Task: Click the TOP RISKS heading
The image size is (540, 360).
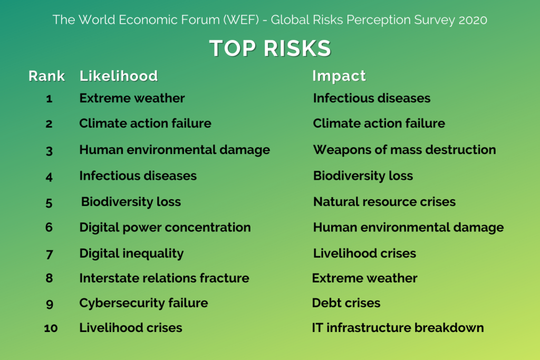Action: (x=271, y=48)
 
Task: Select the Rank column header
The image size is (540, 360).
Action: (x=46, y=76)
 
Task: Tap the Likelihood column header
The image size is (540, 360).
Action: (x=119, y=76)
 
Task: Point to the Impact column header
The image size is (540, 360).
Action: (x=339, y=76)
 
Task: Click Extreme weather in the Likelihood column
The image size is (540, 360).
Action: (x=132, y=98)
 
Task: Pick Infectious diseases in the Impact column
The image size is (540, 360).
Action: (x=372, y=98)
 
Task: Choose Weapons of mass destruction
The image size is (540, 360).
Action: (x=404, y=150)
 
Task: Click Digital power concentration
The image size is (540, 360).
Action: (x=165, y=228)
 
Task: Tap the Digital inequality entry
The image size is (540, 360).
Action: (x=131, y=254)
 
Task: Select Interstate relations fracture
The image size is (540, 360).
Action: (x=165, y=278)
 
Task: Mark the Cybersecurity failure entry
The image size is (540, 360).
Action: (x=143, y=303)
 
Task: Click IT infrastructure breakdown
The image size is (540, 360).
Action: (x=398, y=328)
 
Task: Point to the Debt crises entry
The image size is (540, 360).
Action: (x=346, y=303)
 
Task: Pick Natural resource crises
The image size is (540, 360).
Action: (x=384, y=202)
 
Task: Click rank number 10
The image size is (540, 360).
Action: (x=51, y=328)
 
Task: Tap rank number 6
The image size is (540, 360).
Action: (x=49, y=228)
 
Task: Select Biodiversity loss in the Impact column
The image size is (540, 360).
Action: (x=363, y=176)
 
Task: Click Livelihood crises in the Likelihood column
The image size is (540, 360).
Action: (x=131, y=328)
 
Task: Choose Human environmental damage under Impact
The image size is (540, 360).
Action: (x=409, y=228)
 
